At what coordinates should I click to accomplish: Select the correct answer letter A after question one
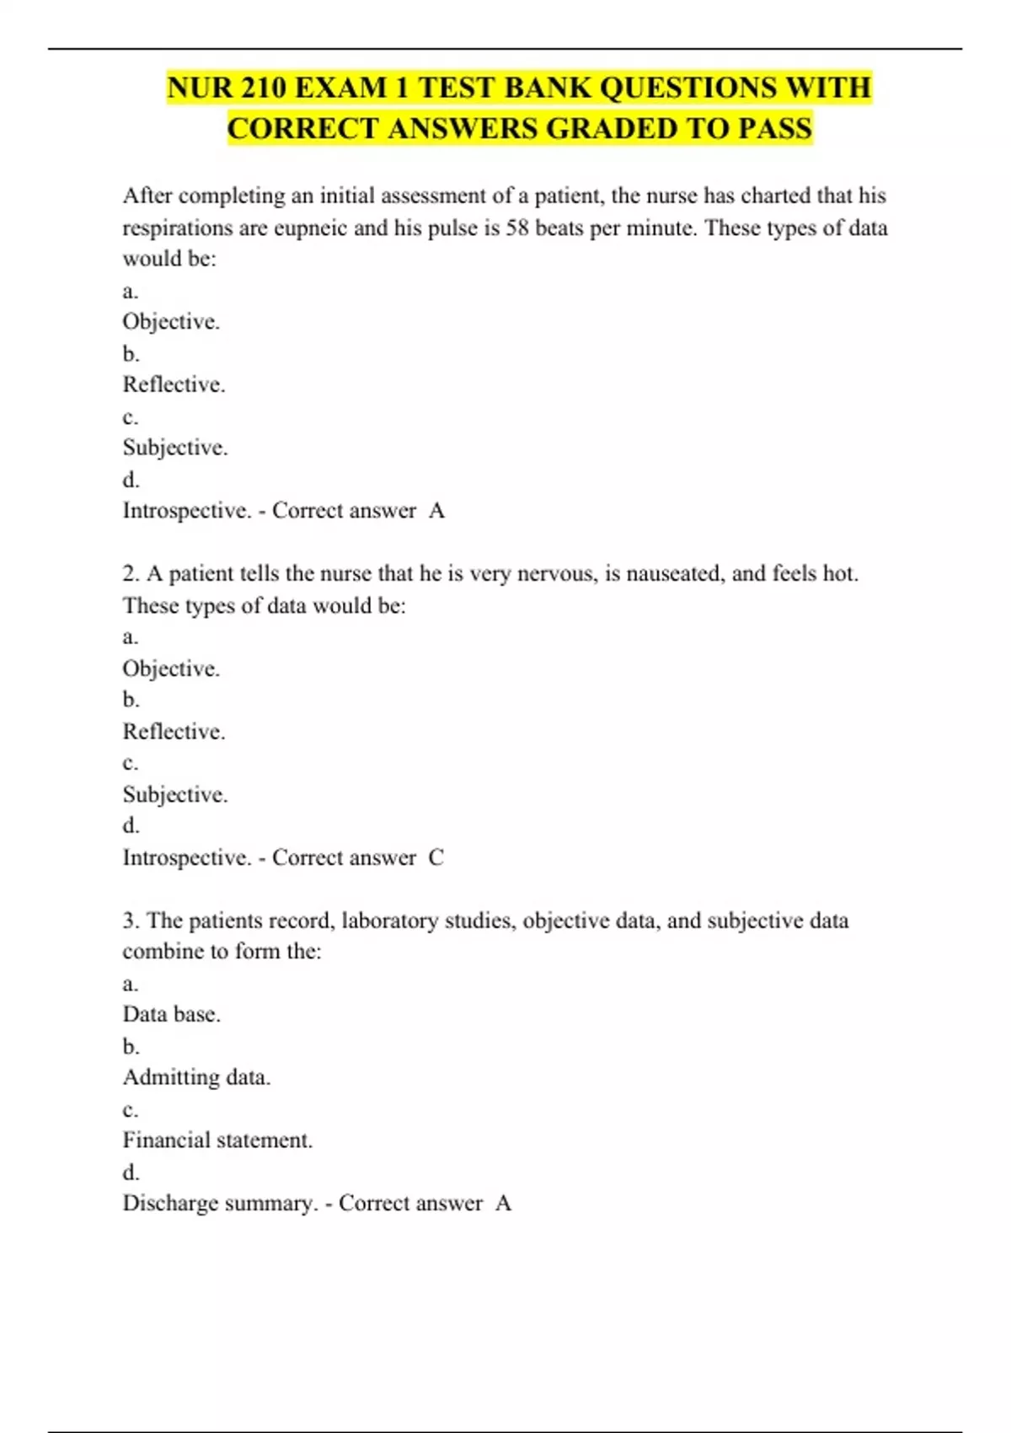pos(436,511)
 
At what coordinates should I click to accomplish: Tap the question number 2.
pos(131,574)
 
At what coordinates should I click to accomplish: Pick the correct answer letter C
pos(436,858)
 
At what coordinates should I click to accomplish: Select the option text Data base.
pos(172,1014)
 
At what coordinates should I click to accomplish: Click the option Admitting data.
pos(196,1077)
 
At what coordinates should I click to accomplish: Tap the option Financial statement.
pos(217,1140)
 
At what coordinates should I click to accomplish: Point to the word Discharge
pos(171,1204)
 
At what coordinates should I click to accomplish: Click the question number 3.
pos(131,920)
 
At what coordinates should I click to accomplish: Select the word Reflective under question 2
pos(174,732)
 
